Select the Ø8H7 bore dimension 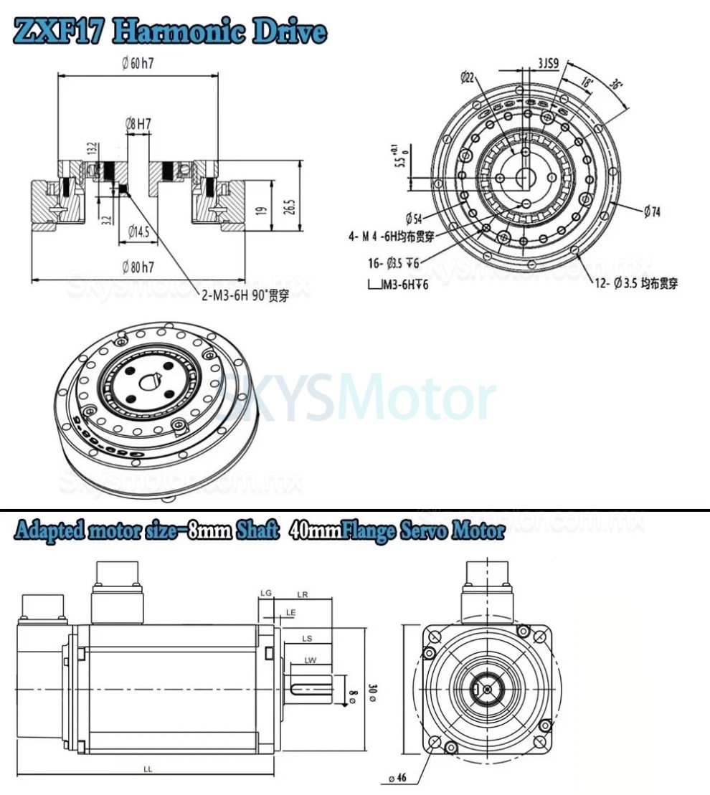click(138, 123)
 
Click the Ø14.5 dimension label click(138, 231)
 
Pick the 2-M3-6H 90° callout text click(245, 295)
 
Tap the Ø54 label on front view click(413, 217)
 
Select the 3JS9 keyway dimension click(550, 63)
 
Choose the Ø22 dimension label click(467, 77)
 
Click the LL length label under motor click(147, 768)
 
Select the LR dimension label click(302, 594)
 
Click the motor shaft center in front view click(488, 690)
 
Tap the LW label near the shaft click(310, 660)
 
